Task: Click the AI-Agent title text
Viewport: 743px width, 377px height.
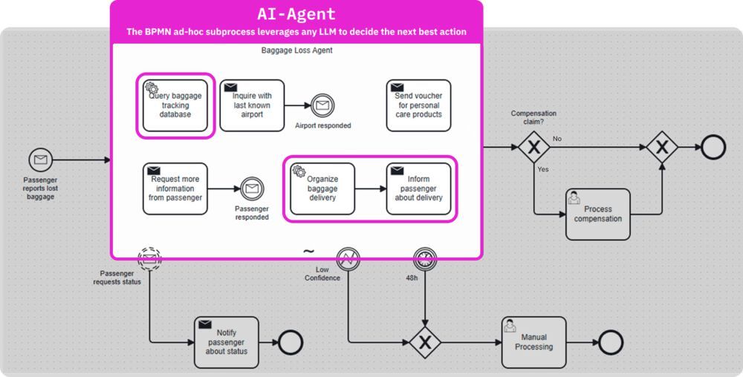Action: coord(296,14)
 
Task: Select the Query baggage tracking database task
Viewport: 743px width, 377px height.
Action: coord(175,105)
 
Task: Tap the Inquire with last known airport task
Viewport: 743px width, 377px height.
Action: coord(252,105)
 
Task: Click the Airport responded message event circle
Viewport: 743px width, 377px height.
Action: coord(323,106)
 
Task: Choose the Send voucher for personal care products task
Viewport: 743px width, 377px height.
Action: coord(418,105)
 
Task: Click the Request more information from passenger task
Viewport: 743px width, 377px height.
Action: coord(175,188)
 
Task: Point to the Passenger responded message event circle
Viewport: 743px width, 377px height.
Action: coord(252,189)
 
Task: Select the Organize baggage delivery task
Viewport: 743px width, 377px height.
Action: coord(322,188)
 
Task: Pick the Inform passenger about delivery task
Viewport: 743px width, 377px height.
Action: coord(418,188)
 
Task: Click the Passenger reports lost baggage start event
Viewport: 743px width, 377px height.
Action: coord(41,160)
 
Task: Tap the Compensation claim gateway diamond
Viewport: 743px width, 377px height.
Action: coord(533,148)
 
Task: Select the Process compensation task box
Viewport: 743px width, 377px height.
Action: coord(597,214)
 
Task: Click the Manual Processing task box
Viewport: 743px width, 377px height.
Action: coord(533,342)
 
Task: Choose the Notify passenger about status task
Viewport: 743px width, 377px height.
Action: coord(227,342)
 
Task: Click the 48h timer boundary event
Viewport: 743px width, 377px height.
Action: coord(425,259)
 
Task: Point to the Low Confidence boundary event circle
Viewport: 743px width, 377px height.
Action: coord(348,259)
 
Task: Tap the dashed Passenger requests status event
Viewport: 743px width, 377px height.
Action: coord(149,259)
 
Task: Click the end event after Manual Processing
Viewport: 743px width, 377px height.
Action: coord(610,342)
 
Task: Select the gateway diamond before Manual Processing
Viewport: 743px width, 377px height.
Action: coord(425,342)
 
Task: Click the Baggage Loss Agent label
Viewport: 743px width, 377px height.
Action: coord(296,50)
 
